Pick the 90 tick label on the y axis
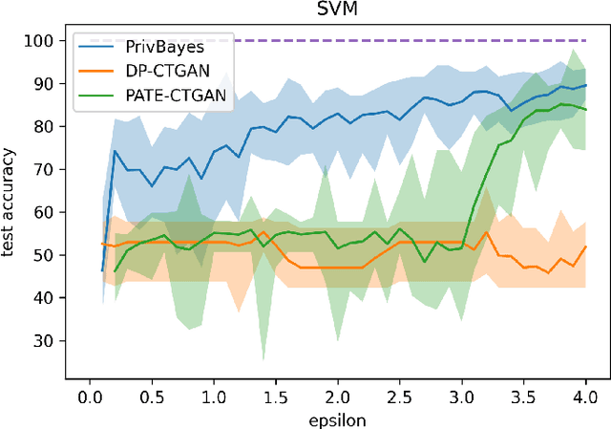(x=43, y=84)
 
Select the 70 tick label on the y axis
(x=43, y=169)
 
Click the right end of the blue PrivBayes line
(x=585, y=85)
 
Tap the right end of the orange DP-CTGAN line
(x=585, y=247)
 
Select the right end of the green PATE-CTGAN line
(x=585, y=109)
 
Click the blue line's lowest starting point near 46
(x=102, y=270)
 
